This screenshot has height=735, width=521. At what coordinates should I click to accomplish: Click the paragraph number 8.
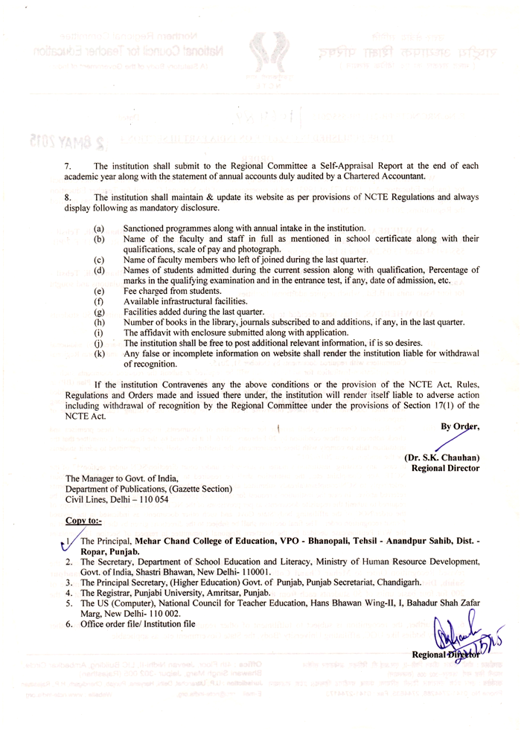pyautogui.click(x=68, y=197)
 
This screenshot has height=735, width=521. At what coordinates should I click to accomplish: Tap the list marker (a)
pyautogui.click(x=99, y=228)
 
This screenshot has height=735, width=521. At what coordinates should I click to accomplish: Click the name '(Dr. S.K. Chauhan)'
pyautogui.click(x=441, y=458)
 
